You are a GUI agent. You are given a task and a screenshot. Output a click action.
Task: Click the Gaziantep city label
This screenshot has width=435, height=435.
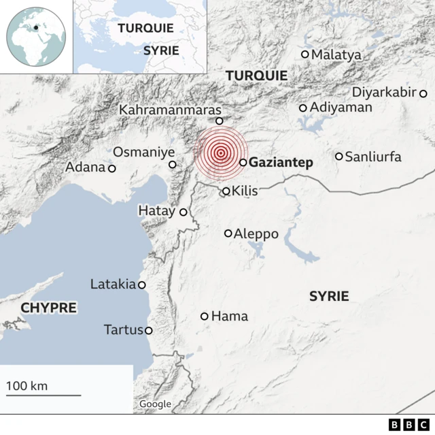281,163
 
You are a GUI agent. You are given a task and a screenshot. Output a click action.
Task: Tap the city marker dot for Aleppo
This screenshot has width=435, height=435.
228,233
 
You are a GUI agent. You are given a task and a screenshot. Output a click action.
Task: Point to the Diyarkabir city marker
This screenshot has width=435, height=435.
422,93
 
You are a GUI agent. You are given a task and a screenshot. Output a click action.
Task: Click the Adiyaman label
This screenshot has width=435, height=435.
341,108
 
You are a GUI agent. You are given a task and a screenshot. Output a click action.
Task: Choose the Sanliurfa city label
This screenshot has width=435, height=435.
373,157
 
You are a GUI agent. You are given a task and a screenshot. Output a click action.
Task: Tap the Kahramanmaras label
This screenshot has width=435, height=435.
170,110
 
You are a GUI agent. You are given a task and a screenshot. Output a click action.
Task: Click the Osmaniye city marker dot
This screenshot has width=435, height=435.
173,164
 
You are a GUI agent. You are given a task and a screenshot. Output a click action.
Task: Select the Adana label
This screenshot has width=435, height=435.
86,167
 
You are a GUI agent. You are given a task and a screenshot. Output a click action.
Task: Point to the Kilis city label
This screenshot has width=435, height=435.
245,191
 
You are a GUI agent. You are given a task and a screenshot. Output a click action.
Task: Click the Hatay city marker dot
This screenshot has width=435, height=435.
183,212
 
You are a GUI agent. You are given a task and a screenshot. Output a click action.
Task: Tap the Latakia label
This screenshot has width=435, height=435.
113,285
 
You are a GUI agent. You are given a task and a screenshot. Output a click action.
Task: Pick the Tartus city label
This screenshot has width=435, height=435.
124,330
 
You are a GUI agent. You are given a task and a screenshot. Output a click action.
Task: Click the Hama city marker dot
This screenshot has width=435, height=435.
205,317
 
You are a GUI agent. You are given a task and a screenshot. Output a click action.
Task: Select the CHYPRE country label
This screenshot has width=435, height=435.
48,308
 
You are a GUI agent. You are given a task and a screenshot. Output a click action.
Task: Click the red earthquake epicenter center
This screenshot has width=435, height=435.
220,153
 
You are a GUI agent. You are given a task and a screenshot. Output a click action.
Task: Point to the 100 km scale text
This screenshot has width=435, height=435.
27,386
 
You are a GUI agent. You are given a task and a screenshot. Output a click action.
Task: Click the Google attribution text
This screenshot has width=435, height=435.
155,404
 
